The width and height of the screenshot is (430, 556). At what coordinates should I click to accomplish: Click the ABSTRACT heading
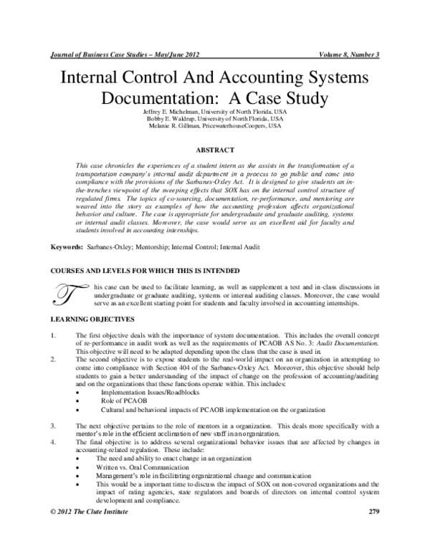click(x=216, y=149)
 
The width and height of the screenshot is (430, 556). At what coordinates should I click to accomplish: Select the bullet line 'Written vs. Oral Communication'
click(x=145, y=468)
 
